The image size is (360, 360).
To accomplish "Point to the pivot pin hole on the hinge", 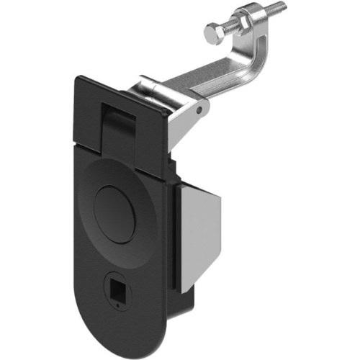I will pos(198,112).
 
